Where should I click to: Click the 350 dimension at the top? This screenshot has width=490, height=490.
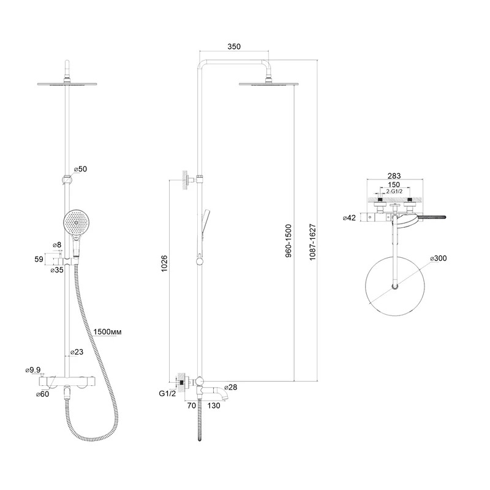[x=234, y=47]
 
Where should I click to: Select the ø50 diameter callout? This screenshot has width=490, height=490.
[x=80, y=169]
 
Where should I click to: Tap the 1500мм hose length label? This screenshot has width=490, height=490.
[x=108, y=331]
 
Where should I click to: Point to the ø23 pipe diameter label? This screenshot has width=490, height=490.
[x=77, y=352]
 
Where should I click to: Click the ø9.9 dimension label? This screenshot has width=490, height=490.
[x=33, y=370]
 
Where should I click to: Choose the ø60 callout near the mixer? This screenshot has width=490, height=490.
[x=42, y=394]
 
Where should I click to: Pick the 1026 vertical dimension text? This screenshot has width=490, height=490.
[x=164, y=263]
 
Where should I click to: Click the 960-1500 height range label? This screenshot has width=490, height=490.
[x=288, y=241]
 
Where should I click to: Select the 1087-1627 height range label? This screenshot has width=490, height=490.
[x=313, y=242]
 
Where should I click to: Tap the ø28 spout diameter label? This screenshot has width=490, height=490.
[x=231, y=387]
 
